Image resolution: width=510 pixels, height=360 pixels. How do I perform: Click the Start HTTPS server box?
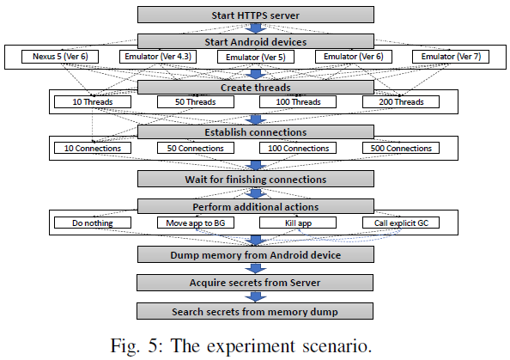point(255,15)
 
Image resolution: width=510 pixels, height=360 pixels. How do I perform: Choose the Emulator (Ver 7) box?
point(449,57)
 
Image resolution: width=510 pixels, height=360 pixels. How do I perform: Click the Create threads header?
point(255,87)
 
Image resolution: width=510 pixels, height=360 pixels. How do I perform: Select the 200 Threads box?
point(400,102)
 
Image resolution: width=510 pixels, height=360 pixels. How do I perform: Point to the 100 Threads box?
point(297,102)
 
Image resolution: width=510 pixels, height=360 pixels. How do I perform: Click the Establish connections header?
point(255,132)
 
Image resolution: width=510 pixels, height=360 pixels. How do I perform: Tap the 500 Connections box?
point(400,148)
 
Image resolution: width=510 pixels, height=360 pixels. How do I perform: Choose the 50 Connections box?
point(195,148)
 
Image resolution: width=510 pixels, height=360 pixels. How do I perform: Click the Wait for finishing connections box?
point(255,179)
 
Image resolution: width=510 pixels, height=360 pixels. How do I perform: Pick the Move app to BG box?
point(195,223)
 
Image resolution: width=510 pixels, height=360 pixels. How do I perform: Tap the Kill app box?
point(297,223)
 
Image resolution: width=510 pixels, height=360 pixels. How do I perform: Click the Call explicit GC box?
point(400,223)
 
